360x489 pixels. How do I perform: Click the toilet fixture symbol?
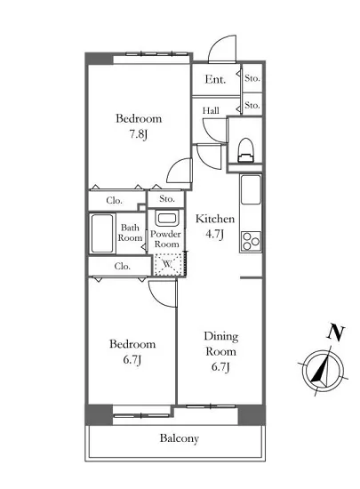pos(246,150)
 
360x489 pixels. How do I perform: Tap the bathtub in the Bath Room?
pos(102,233)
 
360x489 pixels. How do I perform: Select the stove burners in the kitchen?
pos(251,241)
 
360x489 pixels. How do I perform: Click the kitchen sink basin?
pos(251,190)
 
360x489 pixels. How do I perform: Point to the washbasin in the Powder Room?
pos(167,219)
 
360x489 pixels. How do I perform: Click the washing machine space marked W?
pos(168,264)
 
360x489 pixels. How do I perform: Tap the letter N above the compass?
pos(336,333)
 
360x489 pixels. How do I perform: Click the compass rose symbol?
pos(323,371)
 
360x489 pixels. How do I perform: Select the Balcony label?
pos(180,438)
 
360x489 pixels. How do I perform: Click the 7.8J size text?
pos(139,135)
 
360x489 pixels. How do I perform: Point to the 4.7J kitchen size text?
pos(215,234)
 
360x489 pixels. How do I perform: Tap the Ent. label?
pos(215,79)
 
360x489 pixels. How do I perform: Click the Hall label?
pos(211,110)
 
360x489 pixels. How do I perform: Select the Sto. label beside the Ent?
pos(252,78)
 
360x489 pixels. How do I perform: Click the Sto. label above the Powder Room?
pos(167,198)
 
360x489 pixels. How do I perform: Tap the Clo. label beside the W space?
pos(122,267)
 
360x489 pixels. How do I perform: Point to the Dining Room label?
pos(221,344)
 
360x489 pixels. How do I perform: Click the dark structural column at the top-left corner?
pos(100,59)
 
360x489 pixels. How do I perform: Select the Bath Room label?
pos(130,233)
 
